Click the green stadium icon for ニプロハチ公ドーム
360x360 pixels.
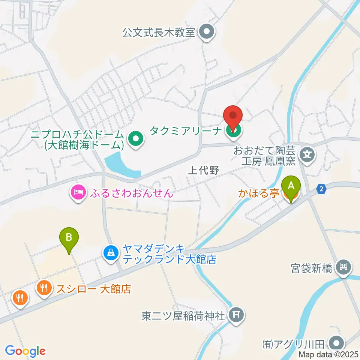(x=136, y=139)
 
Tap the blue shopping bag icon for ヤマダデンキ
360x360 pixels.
(x=111, y=253)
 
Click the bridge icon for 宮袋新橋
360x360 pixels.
(x=343, y=268)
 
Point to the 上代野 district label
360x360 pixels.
(x=202, y=171)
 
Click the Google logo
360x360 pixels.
(x=25, y=351)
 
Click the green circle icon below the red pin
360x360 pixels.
(x=233, y=130)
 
